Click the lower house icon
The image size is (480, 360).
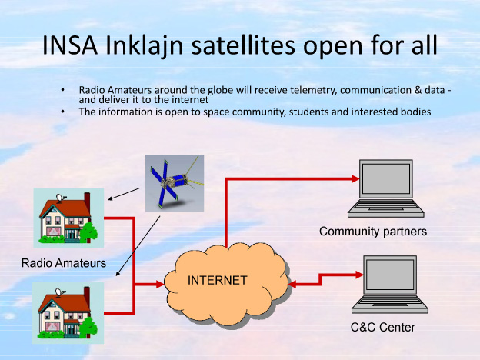coord(68,312)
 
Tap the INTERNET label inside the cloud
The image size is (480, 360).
coord(218,280)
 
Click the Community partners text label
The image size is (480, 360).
coord(372,232)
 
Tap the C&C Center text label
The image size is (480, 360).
coord(382,328)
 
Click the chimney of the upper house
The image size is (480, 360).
coord(86,198)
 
